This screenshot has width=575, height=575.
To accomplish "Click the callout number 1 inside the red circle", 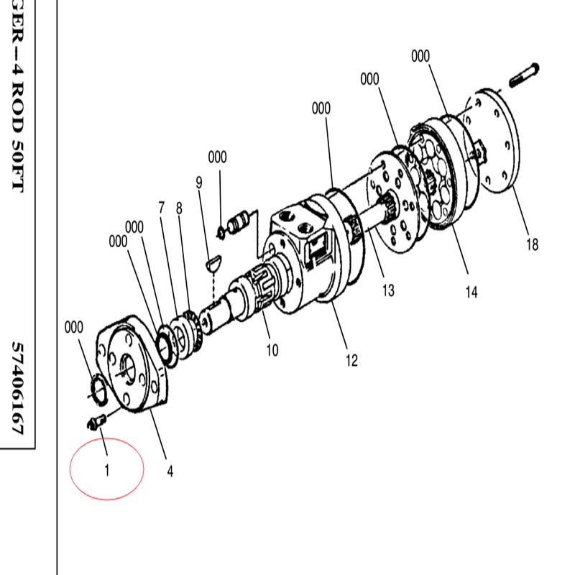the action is [107, 470].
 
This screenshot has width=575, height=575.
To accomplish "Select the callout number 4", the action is [170, 471].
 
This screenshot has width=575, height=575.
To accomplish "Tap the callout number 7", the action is [161, 208].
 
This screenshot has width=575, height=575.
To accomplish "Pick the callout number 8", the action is [179, 208].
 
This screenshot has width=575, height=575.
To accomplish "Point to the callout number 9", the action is [199, 183].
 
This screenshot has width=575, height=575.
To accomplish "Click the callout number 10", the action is [272, 350].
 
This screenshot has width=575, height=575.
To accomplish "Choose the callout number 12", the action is [351, 361].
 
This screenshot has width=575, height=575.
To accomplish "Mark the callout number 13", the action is [388, 290].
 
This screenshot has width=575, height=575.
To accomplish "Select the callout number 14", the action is [471, 293].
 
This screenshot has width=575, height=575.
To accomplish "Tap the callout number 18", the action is [532, 244].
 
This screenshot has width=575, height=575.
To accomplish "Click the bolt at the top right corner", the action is [525, 75].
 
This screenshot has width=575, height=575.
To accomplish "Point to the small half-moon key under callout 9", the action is [213, 262].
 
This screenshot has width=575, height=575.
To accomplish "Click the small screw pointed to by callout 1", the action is [96, 421].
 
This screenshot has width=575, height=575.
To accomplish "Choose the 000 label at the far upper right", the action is [420, 56].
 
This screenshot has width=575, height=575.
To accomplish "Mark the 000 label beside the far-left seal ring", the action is [74, 327].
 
